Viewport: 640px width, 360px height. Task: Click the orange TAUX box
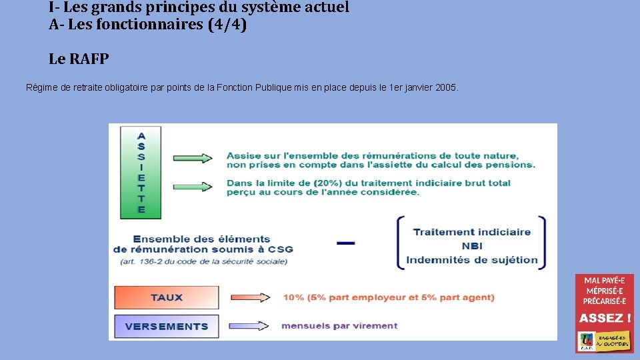click(x=167, y=297)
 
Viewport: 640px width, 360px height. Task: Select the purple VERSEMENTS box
click(x=167, y=326)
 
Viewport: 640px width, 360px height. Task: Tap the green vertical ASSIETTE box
click(x=141, y=171)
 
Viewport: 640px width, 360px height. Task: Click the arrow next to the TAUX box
click(x=249, y=297)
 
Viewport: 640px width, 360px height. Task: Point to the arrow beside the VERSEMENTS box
click(x=249, y=326)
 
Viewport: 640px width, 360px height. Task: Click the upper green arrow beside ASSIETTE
click(x=193, y=158)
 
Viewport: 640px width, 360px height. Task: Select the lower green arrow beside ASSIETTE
click(x=193, y=187)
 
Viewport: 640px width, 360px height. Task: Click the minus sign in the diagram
click(x=346, y=243)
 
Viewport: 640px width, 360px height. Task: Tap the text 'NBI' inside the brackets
click(x=471, y=246)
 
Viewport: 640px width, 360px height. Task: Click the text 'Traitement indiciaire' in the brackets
click(x=471, y=232)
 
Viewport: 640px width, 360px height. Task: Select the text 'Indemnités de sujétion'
click(x=471, y=260)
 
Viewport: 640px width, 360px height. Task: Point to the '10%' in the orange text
click(x=293, y=297)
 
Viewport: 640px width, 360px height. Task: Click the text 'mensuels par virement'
click(x=339, y=326)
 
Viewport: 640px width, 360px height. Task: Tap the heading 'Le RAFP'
click(x=79, y=59)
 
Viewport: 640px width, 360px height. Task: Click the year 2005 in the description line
click(x=445, y=88)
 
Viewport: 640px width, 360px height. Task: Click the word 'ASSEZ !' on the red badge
click(x=605, y=318)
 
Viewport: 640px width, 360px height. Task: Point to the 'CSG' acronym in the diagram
click(x=281, y=249)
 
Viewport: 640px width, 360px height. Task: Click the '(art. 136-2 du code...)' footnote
click(x=204, y=261)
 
